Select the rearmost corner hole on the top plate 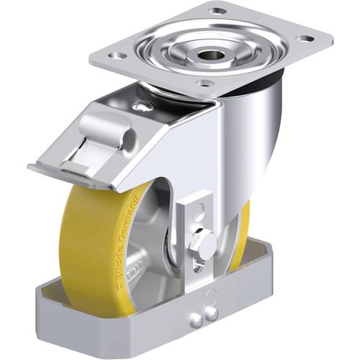(x=215, y=11)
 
